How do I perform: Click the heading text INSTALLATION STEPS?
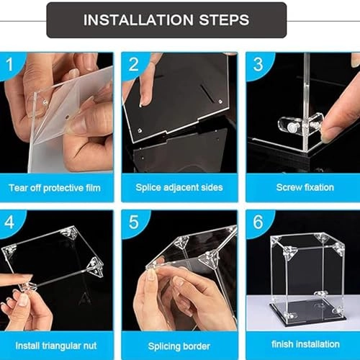166,19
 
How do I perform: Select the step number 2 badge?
134,65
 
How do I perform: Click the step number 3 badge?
256,65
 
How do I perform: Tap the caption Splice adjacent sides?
179,187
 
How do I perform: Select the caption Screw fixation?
304,187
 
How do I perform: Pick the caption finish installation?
304,345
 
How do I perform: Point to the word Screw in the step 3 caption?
288,187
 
